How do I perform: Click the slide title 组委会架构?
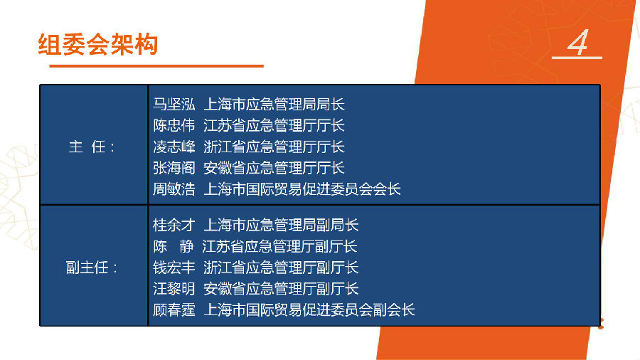[98, 45]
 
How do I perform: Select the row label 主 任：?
[92, 147]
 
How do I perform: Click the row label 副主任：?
[92, 268]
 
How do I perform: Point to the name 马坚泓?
[174, 104]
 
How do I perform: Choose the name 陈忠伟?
[174, 125]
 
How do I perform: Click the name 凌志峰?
[174, 147]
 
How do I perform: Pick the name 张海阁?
[174, 168]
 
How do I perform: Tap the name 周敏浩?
[174, 189]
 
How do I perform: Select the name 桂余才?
[174, 225]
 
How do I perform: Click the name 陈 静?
[174, 246]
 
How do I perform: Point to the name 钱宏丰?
[174, 268]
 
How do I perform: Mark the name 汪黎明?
[174, 289]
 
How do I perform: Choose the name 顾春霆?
[174, 309]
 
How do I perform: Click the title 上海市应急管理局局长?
[274, 104]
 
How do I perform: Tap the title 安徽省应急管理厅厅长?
[274, 168]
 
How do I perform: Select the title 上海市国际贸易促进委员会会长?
[302, 189]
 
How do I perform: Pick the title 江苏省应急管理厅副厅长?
[280, 246]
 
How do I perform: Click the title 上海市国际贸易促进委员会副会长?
[309, 309]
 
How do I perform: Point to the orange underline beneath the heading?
[156, 65]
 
